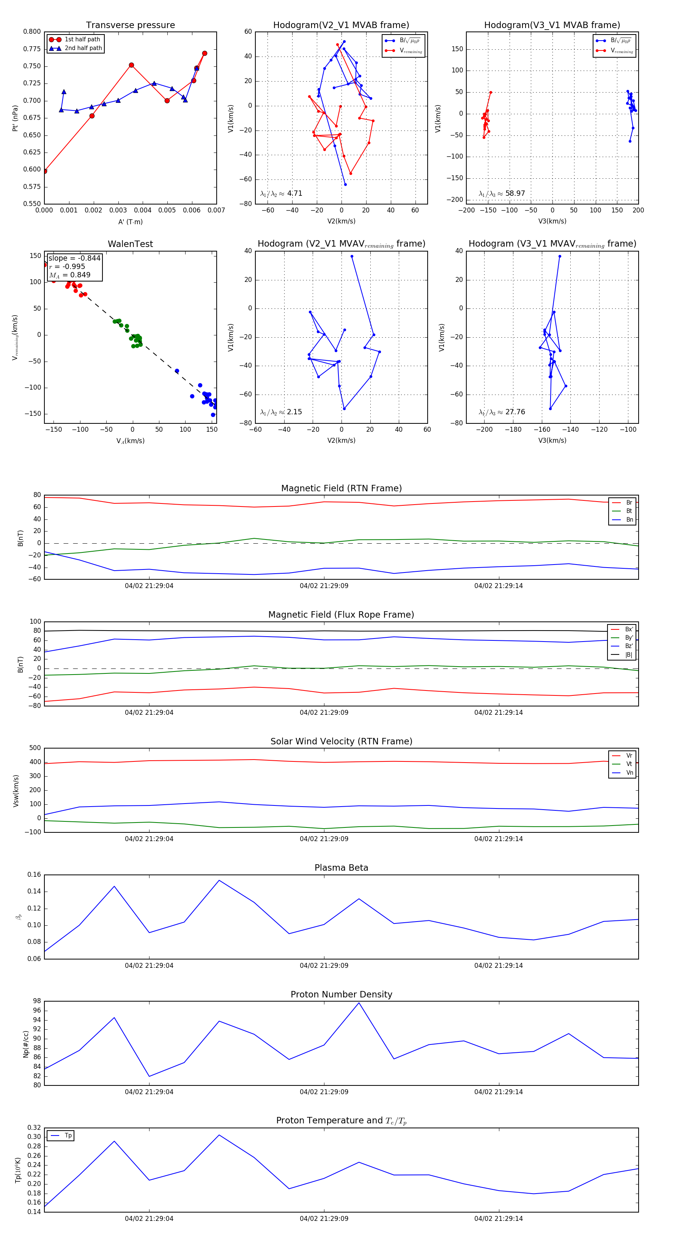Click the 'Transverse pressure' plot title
pyautogui.click(x=130, y=25)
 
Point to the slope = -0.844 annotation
pyautogui.click(x=74, y=258)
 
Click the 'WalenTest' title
pyautogui.click(x=130, y=244)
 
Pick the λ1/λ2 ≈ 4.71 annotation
pyautogui.click(x=281, y=193)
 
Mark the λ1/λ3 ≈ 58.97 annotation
pyautogui.click(x=502, y=193)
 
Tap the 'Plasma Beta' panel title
pyautogui.click(x=341, y=868)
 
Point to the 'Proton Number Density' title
pyautogui.click(x=341, y=994)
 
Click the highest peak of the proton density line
pyautogui.click(x=359, y=1003)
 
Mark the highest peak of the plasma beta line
pyautogui.click(x=219, y=880)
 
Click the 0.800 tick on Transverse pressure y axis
pyautogui.click(x=32, y=31)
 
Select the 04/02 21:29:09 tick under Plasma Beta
pyautogui.click(x=324, y=965)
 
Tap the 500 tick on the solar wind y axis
pyautogui.click(x=35, y=748)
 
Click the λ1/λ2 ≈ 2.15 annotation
pyautogui.click(x=281, y=412)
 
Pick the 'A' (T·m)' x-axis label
pyautogui.click(x=130, y=222)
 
